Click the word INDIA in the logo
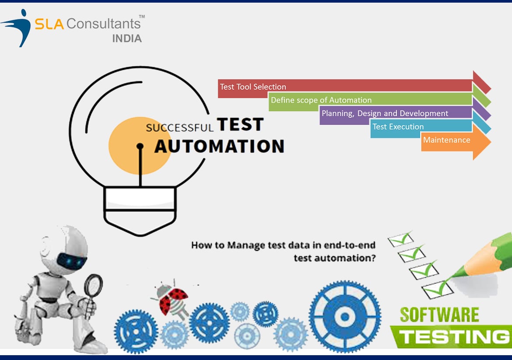(127, 39)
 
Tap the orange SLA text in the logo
(49, 24)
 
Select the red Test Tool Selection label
(253, 87)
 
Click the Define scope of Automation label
(321, 100)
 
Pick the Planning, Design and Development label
(385, 113)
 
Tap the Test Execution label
(398, 127)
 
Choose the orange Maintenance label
(447, 140)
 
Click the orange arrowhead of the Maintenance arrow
(482, 142)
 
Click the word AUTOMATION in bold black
(219, 146)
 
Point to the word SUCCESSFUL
(179, 127)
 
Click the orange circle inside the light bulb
(139, 146)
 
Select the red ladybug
(171, 299)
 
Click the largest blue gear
(345, 316)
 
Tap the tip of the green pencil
(449, 279)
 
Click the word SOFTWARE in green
(439, 314)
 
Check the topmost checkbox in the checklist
(401, 240)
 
